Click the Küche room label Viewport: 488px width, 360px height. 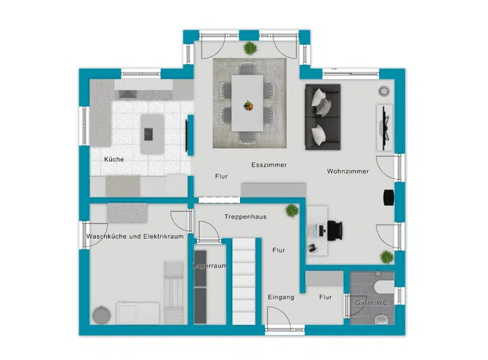114,159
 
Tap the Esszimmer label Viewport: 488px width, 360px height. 269,165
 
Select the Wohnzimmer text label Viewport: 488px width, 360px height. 348,171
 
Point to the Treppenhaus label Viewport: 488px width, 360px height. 245,217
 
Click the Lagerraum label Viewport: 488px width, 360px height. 210,266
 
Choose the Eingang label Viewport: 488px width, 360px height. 281,297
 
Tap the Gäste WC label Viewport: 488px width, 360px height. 371,302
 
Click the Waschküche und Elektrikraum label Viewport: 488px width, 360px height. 135,236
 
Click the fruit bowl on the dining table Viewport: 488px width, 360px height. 248,105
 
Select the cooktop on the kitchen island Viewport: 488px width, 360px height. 149,135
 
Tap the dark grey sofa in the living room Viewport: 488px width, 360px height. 323,117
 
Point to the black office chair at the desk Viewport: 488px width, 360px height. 335,230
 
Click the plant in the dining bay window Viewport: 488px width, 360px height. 250,48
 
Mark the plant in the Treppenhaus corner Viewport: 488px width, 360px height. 292,210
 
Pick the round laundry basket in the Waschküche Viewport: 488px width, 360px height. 102,315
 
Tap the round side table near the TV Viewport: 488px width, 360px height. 384,91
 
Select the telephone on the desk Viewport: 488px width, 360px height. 313,248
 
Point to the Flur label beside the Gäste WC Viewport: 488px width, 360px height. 325,297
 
